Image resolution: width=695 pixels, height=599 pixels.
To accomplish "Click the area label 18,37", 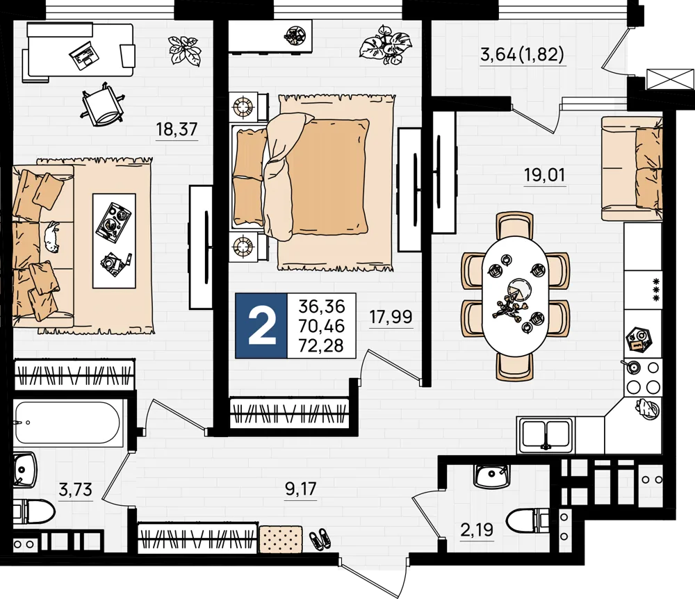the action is [177, 129].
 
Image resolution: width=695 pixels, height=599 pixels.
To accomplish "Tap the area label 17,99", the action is [391, 318].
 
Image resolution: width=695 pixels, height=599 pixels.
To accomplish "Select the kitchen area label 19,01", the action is [545, 175].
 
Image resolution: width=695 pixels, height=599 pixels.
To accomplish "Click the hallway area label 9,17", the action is [300, 489].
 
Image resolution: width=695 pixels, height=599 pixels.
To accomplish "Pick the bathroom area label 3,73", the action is [75, 490].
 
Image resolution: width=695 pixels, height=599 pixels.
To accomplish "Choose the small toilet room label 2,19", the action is [477, 530].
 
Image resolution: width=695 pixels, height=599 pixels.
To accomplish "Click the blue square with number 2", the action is [261, 326].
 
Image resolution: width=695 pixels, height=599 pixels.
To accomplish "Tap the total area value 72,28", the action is [322, 345].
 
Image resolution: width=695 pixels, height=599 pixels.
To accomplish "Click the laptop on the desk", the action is [84, 55].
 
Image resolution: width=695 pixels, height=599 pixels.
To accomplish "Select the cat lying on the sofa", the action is [51, 236].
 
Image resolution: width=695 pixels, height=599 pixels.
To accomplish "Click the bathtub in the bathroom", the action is [67, 422].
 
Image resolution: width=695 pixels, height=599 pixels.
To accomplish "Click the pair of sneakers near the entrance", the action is [320, 539].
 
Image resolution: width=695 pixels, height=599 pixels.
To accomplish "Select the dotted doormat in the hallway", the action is [281, 540].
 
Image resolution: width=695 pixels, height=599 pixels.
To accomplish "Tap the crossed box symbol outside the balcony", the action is [670, 79].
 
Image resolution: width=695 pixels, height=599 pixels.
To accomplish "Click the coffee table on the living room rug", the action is [114, 241].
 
